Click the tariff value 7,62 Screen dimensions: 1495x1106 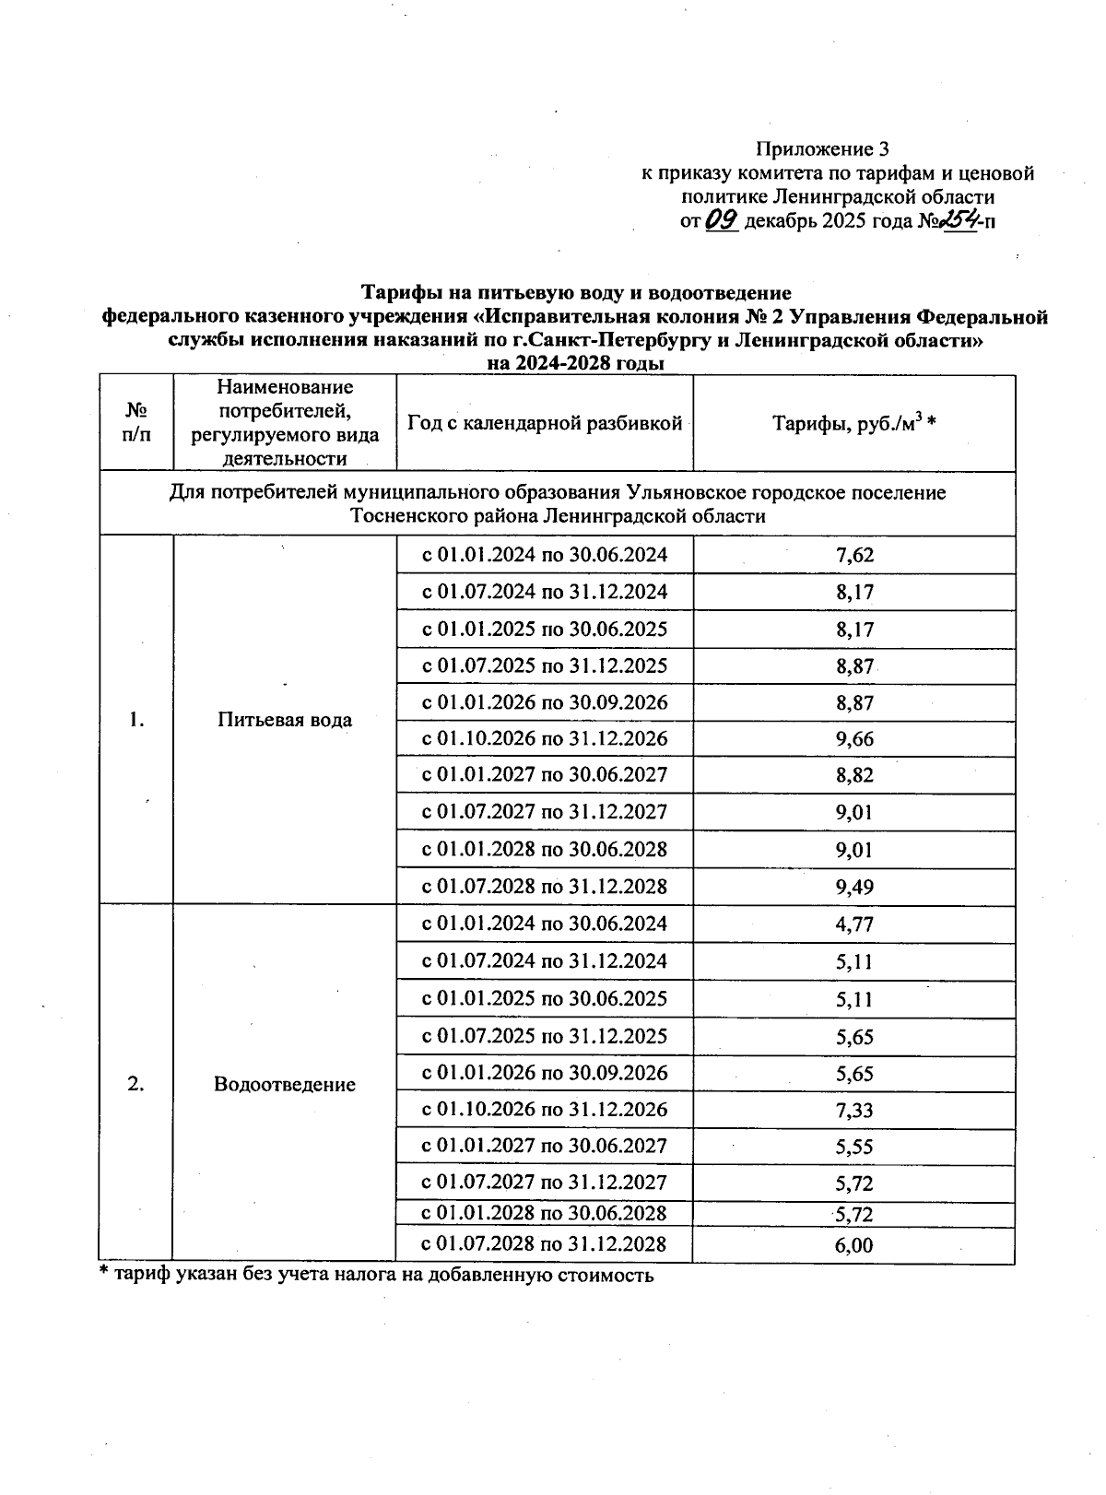854,555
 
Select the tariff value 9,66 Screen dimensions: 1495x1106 854,739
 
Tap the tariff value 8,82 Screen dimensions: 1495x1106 854,776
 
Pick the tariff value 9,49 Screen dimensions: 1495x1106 854,887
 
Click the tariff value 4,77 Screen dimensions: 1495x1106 854,924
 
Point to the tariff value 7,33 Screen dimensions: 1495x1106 854,1111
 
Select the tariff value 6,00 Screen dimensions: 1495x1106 854,1245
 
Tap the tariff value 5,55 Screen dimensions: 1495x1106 854,1148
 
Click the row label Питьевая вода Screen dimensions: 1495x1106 285,720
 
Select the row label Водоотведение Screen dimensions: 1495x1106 285,1084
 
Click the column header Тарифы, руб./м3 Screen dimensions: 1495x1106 854,423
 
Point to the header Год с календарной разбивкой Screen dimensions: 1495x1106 544,423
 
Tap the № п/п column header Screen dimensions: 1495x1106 136,423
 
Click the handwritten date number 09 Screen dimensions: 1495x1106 722,220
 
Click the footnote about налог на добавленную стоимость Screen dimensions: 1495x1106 377,1276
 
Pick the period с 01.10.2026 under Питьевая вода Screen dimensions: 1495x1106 544,739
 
